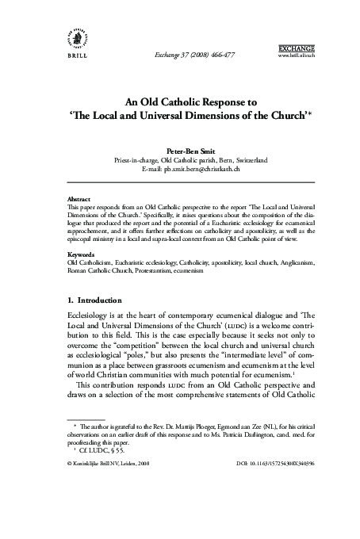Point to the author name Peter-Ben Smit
[180, 147]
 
